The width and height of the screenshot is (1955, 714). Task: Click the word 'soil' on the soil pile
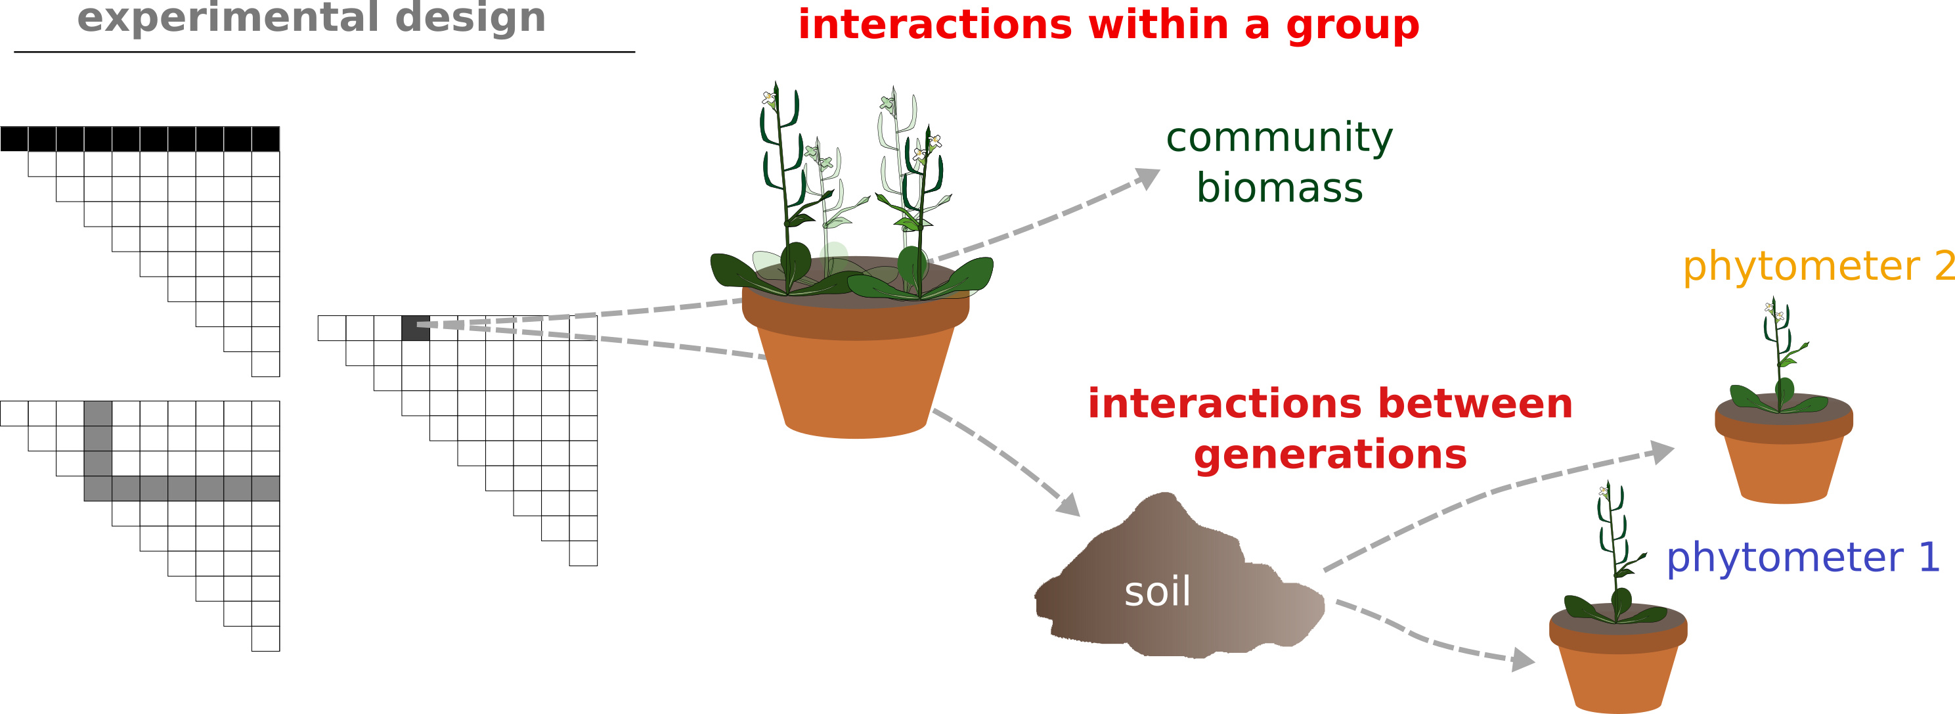pos(1156,592)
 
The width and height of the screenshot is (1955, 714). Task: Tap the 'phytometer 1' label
pos(1803,558)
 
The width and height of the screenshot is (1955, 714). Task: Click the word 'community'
pos(1279,137)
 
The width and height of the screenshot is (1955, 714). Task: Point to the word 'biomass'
pos(1279,187)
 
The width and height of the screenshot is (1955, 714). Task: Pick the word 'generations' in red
pos(1330,455)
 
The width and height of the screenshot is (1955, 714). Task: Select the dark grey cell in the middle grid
pos(415,328)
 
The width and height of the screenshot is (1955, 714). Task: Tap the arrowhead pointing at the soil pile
pos(1068,504)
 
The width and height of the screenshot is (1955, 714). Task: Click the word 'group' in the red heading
pos(1352,26)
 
